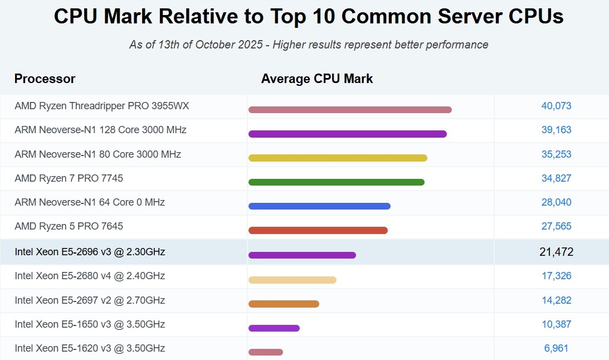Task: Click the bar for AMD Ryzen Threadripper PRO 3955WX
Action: pos(350,110)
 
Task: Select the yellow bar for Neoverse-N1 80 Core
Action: pos(338,158)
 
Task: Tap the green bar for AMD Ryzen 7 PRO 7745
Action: pos(337,182)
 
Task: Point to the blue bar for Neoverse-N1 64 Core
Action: pos(319,206)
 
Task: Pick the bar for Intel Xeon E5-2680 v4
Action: pos(293,280)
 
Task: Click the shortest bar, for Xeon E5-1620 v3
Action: pos(266,352)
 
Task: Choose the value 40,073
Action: pos(556,106)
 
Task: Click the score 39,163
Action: pos(556,130)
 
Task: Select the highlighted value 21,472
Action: pos(556,252)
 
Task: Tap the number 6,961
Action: pos(556,348)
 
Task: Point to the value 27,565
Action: pos(556,226)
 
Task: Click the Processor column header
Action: pos(45,79)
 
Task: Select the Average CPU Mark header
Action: pos(317,79)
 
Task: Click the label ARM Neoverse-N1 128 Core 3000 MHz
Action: pos(100,130)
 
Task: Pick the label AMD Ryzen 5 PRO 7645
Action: pos(69,226)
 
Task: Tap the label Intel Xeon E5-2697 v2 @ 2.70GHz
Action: pos(90,300)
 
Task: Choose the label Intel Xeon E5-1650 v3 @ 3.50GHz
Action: pos(90,324)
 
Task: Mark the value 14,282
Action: pos(556,300)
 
